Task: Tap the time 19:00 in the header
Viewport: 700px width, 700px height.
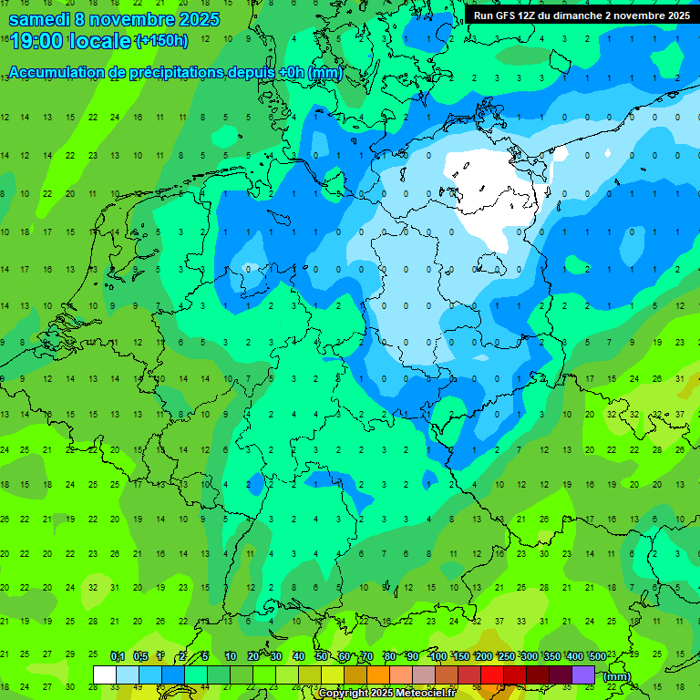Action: pos(38,41)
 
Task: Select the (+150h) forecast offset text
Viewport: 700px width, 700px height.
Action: pos(161,41)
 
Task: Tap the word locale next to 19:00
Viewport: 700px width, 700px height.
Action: pos(101,41)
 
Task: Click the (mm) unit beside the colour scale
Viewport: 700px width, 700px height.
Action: pos(617,676)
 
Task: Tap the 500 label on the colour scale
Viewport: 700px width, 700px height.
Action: pos(597,657)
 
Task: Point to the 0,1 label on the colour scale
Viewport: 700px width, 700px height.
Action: pos(118,657)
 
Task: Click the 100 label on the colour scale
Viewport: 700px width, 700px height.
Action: pos(437,657)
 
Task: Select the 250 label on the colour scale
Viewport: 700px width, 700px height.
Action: pos(506,657)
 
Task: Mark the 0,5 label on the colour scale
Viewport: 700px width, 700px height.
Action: pos(140,657)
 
